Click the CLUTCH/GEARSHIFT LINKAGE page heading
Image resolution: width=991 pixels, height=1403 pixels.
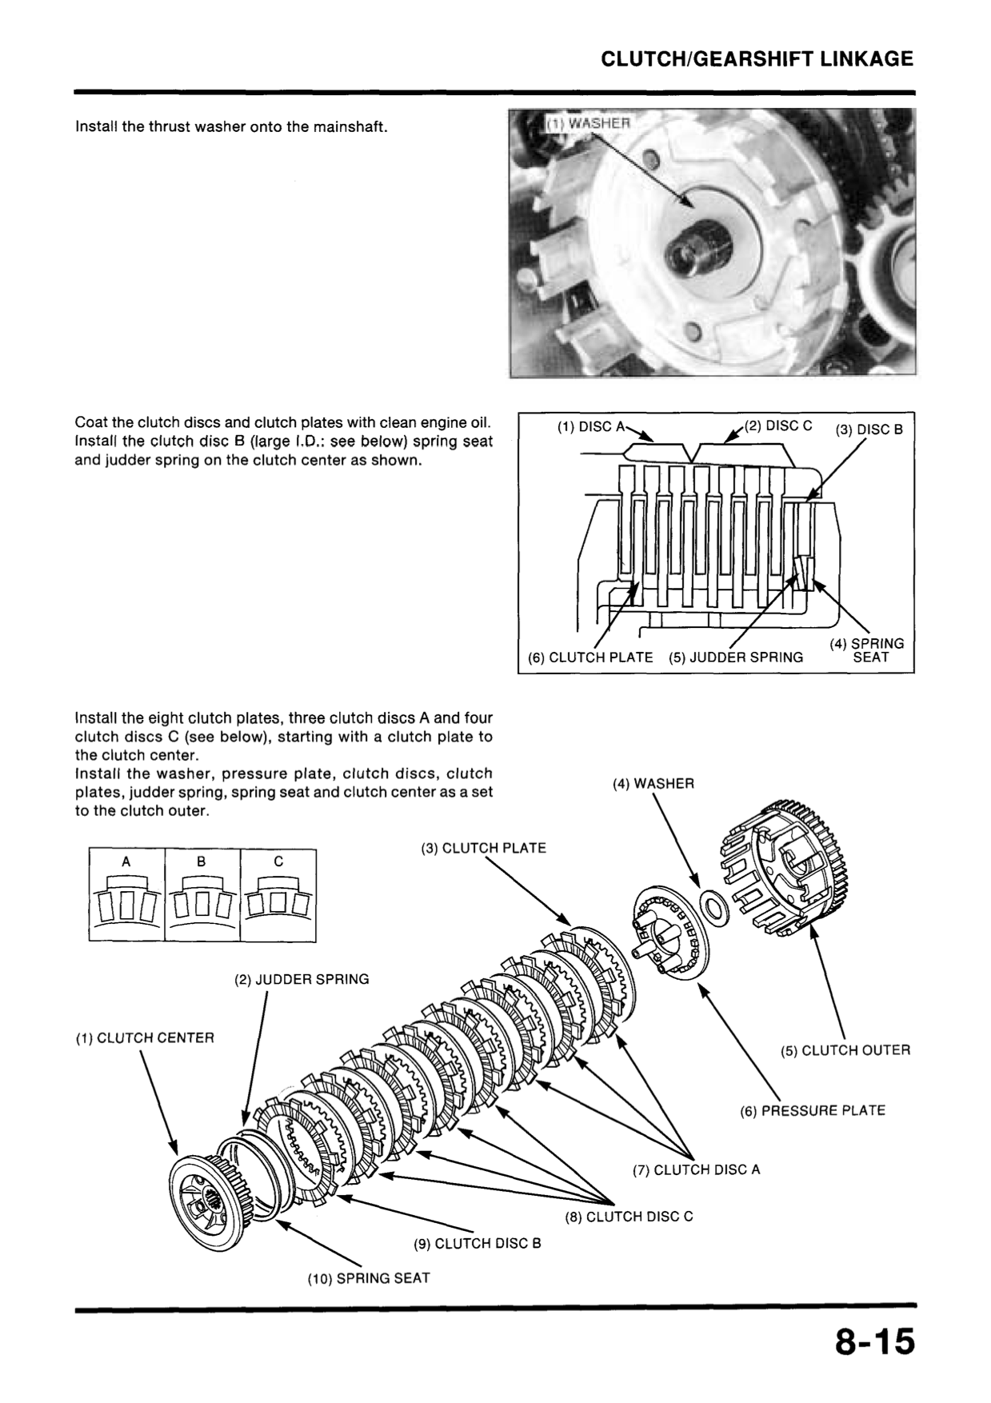coord(757,59)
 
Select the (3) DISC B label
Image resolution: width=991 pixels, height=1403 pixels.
coord(869,430)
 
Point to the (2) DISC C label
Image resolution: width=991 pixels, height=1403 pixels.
coord(777,426)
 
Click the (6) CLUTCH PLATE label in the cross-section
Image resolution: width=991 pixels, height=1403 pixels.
coord(590,658)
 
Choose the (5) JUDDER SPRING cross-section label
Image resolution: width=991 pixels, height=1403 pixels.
coord(736,658)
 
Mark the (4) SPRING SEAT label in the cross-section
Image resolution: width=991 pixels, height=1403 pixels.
coord(868,650)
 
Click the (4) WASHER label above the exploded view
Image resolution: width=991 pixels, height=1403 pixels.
coord(653,784)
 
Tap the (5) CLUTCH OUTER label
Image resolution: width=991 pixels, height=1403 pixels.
coord(845,1050)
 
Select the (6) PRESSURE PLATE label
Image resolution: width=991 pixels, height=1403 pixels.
coord(813,1110)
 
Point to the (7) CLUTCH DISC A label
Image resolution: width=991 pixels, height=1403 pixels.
coord(696,1169)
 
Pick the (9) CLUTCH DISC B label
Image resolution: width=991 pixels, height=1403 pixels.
coord(478,1244)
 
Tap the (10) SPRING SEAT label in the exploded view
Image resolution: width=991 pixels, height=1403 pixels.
coord(369,1278)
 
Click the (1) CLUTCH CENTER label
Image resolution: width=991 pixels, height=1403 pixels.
coord(145,1038)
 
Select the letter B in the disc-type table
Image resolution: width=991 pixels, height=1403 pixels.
coord(202,861)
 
